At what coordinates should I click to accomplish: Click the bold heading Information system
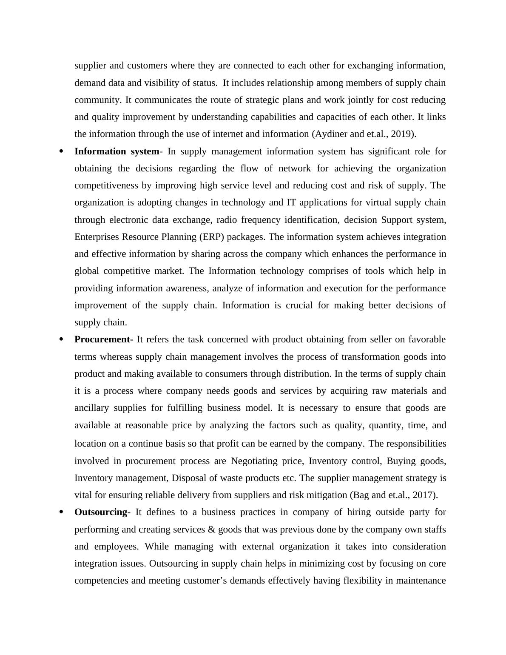[x=117, y=151]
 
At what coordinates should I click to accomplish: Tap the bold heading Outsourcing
[x=101, y=512]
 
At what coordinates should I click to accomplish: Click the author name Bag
[x=359, y=495]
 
